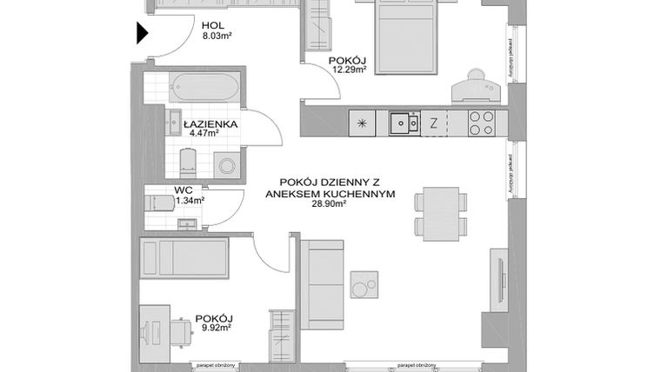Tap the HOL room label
pos(211,26)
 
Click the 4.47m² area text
pos(205,134)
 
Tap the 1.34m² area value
pos(190,200)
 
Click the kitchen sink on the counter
pos(400,123)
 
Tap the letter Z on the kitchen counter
pos(432,123)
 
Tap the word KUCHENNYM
pos(349,193)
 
